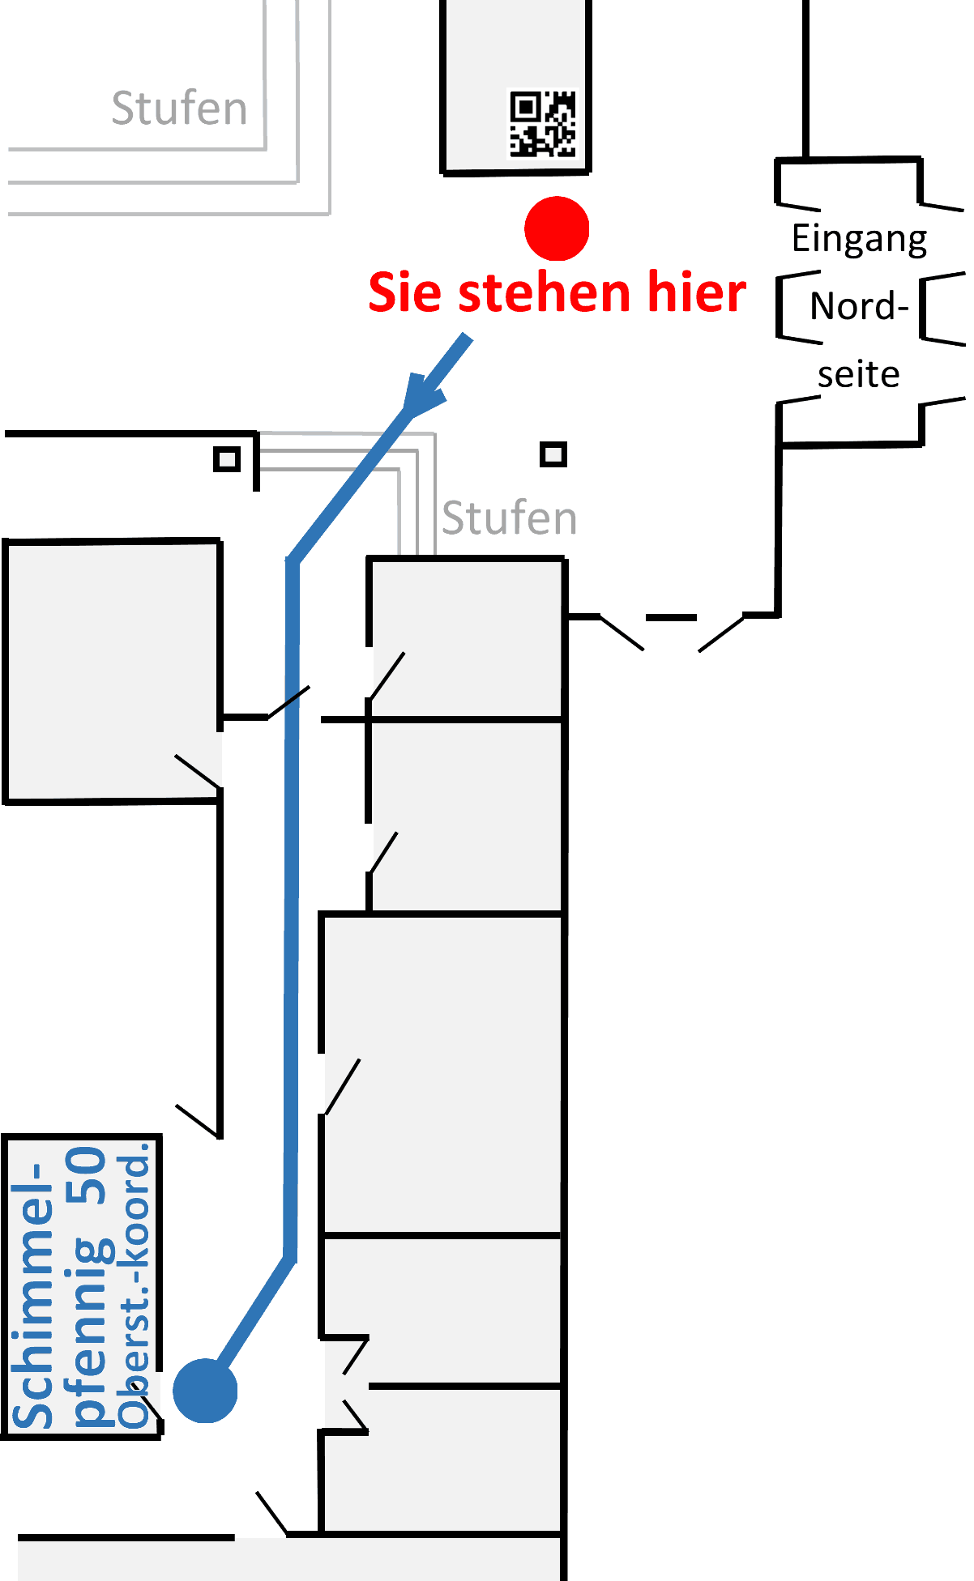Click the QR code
click(542, 123)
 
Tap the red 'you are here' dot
click(557, 228)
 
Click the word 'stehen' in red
click(544, 292)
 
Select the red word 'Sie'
click(407, 292)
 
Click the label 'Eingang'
click(859, 240)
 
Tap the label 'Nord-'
click(859, 307)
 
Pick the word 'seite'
click(858, 375)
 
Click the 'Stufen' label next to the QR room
click(179, 109)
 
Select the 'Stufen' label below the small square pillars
click(509, 518)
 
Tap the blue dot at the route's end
click(205, 1391)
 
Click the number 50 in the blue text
click(87, 1175)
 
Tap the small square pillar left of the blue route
click(227, 459)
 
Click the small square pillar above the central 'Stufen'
click(553, 454)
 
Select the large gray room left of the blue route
click(112, 671)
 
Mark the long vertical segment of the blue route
click(292, 907)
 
